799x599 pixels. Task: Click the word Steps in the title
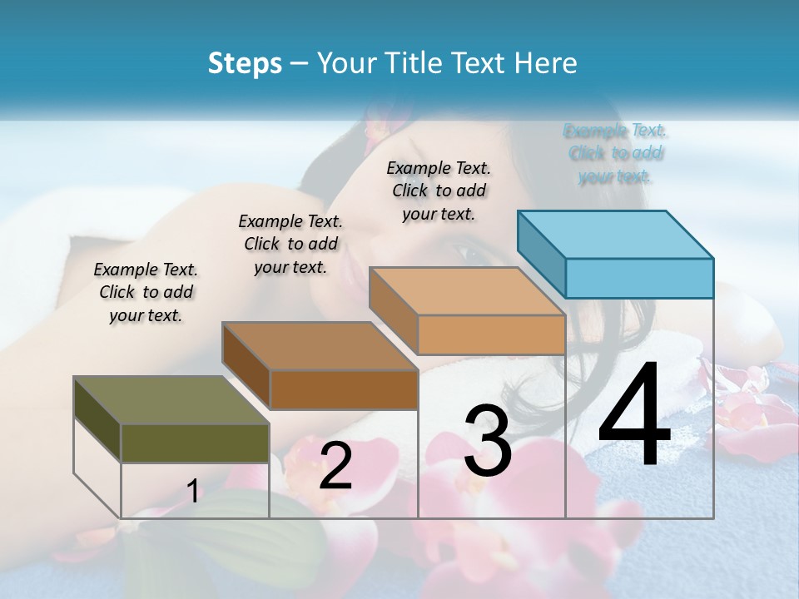coord(245,63)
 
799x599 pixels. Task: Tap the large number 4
coord(635,416)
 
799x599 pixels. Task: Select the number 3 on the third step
coord(488,442)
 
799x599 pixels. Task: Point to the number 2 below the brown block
coord(335,466)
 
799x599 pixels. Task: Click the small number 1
coord(193,491)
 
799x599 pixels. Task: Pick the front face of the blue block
coord(639,278)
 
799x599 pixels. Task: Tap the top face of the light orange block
coord(467,291)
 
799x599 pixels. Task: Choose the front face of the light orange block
coord(491,334)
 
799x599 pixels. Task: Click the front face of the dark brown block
coord(344,389)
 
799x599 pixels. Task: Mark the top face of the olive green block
coord(171,400)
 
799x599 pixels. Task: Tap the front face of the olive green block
coord(195,443)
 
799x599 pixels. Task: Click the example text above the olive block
coord(146,292)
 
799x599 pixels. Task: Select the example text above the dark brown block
coord(290,244)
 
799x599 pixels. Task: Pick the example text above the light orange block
coord(439,191)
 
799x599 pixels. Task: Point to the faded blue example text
coord(616,153)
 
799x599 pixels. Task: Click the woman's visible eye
coord(470,250)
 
